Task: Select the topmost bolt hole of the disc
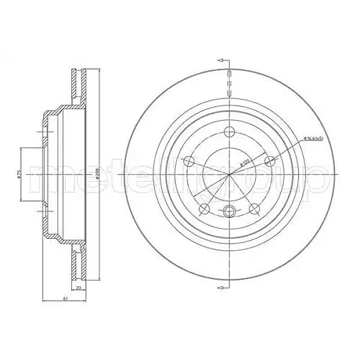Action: (x=230, y=133)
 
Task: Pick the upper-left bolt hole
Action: (x=189, y=161)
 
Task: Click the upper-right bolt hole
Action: (x=270, y=161)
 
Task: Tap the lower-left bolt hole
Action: (x=205, y=209)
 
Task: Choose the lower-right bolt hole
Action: (x=254, y=209)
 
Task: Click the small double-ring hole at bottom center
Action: (x=230, y=211)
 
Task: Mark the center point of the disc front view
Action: (x=230, y=175)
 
